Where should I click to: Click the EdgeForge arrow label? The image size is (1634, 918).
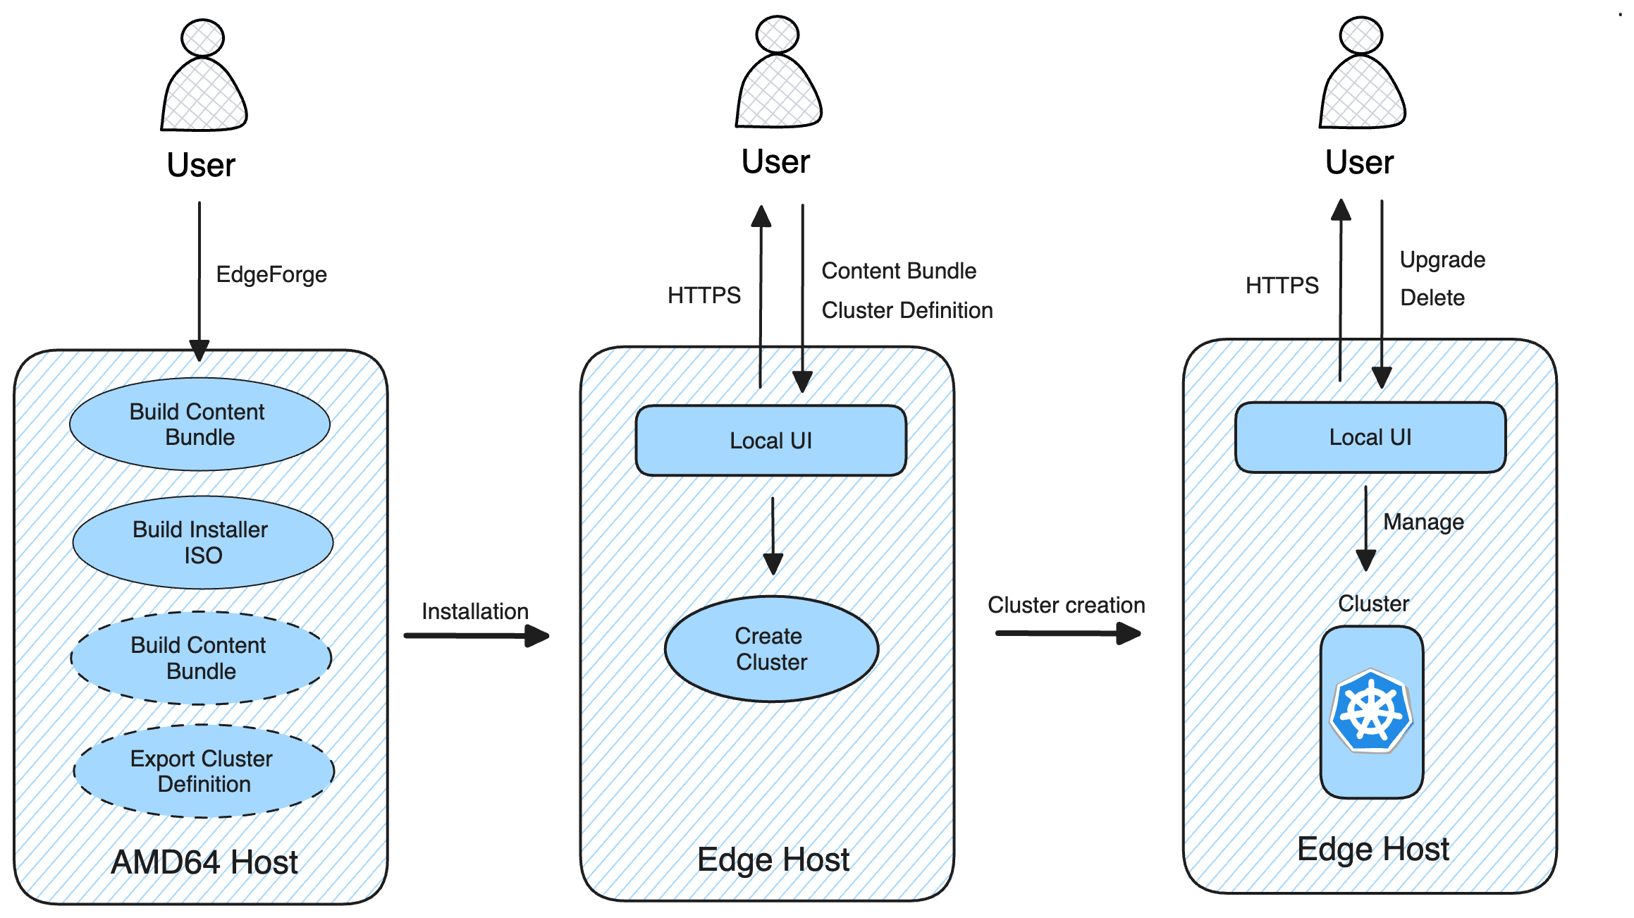[271, 274]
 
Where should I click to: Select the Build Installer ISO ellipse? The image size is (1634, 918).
[202, 542]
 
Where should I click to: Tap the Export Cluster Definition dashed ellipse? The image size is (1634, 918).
[203, 771]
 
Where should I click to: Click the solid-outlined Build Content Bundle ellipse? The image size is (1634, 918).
[199, 424]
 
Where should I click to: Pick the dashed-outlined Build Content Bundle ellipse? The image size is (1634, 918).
[200, 658]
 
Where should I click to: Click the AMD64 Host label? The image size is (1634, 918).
[204, 862]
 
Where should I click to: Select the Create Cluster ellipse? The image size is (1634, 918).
[771, 649]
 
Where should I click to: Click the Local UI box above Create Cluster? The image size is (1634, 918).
[770, 441]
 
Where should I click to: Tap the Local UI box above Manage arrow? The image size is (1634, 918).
[1370, 437]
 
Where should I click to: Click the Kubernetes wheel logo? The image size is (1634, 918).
[1371, 711]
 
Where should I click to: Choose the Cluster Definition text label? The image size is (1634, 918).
[907, 310]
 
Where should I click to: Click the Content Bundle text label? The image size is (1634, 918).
[899, 271]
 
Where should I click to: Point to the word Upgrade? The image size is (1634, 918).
[1442, 259]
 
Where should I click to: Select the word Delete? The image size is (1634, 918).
[1432, 298]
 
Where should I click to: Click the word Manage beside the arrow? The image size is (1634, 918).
[1423, 522]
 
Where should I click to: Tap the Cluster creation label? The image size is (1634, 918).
[1066, 605]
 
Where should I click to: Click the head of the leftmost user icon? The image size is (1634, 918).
[202, 38]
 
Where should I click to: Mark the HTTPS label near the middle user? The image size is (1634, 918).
[704, 295]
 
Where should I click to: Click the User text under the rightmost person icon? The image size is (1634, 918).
[1359, 162]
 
